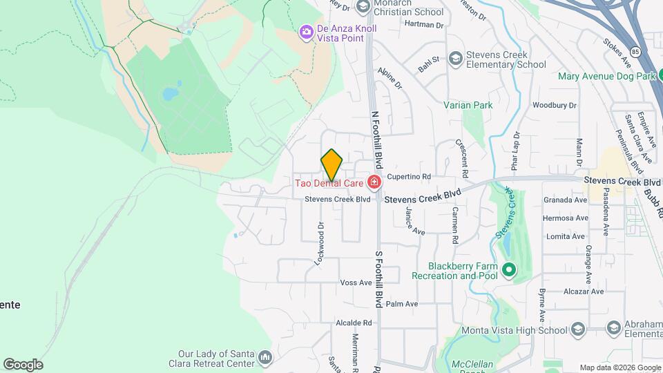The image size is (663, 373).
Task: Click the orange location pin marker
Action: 331,164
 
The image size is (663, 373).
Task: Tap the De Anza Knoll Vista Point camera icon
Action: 305,32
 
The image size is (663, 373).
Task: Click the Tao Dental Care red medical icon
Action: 374,183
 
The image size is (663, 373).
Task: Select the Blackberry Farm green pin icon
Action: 509,269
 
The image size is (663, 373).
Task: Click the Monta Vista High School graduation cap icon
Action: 612,327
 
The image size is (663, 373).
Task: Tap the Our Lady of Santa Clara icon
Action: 265,357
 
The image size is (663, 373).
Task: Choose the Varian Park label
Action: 468,106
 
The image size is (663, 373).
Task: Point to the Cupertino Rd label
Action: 409,176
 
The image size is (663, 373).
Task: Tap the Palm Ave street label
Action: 402,304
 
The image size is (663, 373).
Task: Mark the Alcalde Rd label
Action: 354,323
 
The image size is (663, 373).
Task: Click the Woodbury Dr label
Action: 554,105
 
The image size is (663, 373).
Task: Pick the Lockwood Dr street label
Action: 320,244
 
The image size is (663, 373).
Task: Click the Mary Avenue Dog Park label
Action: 606,76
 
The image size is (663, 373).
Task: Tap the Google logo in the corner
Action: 23,365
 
